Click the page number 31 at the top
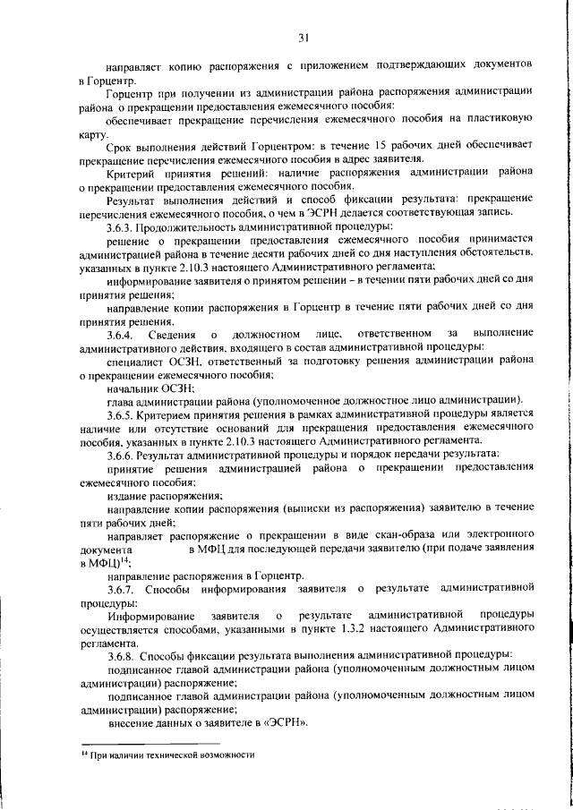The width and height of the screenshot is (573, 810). [304, 37]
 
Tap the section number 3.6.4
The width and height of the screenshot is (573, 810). [123, 334]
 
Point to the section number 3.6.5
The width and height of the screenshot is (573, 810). [123, 414]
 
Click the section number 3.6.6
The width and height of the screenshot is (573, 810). [123, 455]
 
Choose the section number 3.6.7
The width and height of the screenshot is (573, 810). [123, 588]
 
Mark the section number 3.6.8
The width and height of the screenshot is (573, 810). [123, 655]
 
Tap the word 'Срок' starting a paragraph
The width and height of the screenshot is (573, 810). [120, 145]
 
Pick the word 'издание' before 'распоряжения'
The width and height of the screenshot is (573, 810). [129, 495]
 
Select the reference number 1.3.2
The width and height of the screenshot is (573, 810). [351, 629]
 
